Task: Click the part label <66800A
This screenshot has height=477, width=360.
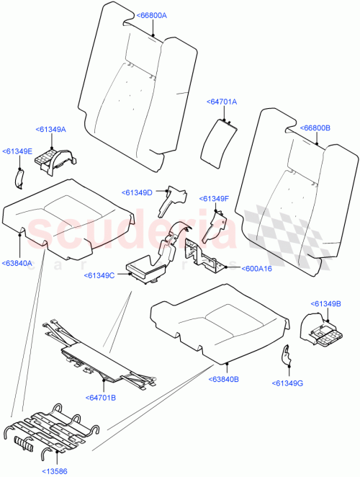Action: click(x=151, y=15)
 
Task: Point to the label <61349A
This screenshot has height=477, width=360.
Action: click(x=50, y=129)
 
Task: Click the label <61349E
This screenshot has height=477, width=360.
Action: click(x=17, y=151)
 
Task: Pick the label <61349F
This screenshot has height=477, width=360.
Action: click(x=215, y=198)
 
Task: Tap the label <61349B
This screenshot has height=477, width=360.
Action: click(x=326, y=303)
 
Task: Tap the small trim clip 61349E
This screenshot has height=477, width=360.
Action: click(x=21, y=174)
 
